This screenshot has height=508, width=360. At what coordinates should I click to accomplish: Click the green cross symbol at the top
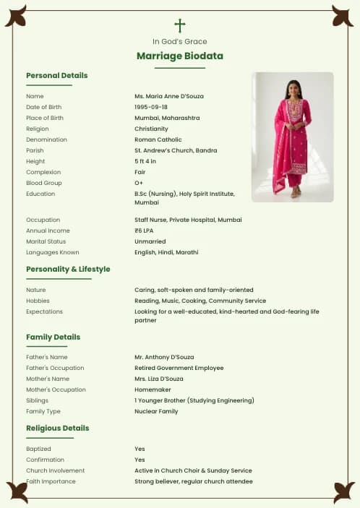(180, 25)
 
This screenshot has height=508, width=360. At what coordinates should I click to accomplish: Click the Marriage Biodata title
(180, 56)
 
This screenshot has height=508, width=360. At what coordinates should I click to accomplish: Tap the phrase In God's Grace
(180, 42)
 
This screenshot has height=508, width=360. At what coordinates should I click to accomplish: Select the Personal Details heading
(57, 75)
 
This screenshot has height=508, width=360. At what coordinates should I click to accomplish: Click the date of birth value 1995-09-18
(151, 107)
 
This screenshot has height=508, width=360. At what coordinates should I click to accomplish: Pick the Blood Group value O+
(140, 183)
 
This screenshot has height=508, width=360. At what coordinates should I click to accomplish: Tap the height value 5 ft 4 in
(145, 161)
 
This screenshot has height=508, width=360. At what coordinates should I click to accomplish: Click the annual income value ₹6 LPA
(147, 231)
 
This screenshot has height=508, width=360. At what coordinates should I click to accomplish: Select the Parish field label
(35, 150)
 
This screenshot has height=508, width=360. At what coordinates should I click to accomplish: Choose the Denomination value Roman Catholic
(158, 139)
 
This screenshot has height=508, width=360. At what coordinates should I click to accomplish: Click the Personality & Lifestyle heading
(68, 269)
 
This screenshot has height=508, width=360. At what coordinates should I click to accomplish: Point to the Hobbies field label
(38, 301)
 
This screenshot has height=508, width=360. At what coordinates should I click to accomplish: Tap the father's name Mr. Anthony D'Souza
(164, 357)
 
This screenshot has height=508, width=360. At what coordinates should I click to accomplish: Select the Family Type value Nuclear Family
(156, 411)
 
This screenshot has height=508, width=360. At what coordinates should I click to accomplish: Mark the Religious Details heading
(58, 428)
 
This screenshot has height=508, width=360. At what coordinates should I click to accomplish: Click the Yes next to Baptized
(140, 449)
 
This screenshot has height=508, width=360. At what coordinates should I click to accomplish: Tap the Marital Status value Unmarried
(150, 241)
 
